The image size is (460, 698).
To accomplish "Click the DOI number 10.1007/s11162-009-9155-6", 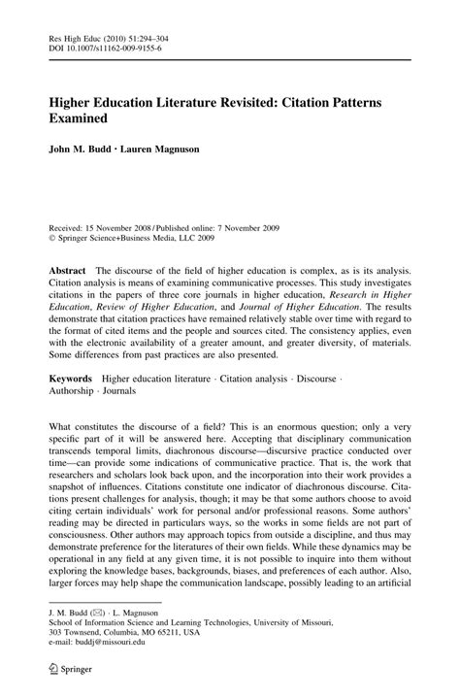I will [113, 45].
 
